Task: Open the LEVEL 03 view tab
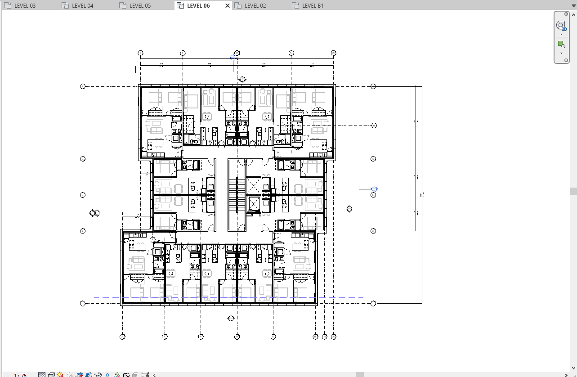[25, 6]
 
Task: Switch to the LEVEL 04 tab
[82, 6]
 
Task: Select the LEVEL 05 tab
[140, 6]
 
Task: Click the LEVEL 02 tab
[255, 6]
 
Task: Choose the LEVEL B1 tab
[313, 6]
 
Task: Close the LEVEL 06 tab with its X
[227, 6]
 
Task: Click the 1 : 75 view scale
[20, 375]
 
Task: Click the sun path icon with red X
[60, 375]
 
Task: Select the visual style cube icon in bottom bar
[51, 375]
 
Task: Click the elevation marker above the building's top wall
[242, 80]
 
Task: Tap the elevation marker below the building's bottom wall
[231, 318]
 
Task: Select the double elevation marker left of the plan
[95, 213]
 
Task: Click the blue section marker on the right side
[374, 189]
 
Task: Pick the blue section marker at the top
[233, 57]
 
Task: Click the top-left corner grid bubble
[141, 53]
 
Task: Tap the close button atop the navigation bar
[566, 14]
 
